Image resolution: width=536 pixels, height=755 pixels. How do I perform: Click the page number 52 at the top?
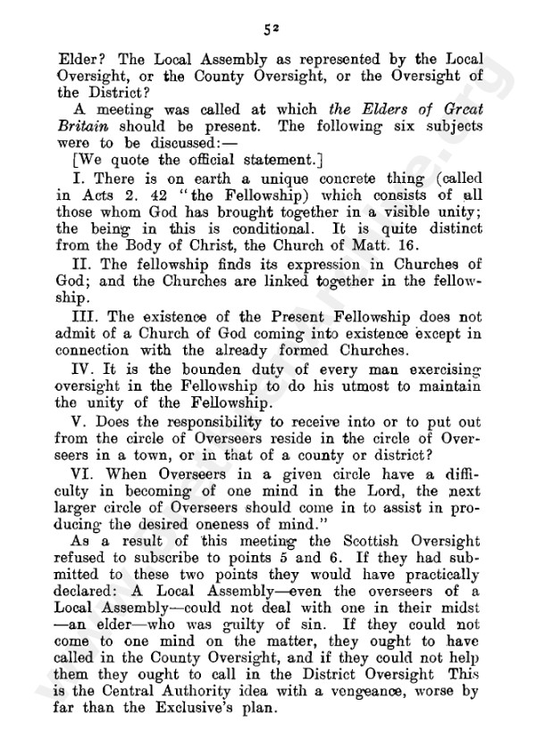tap(268, 28)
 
